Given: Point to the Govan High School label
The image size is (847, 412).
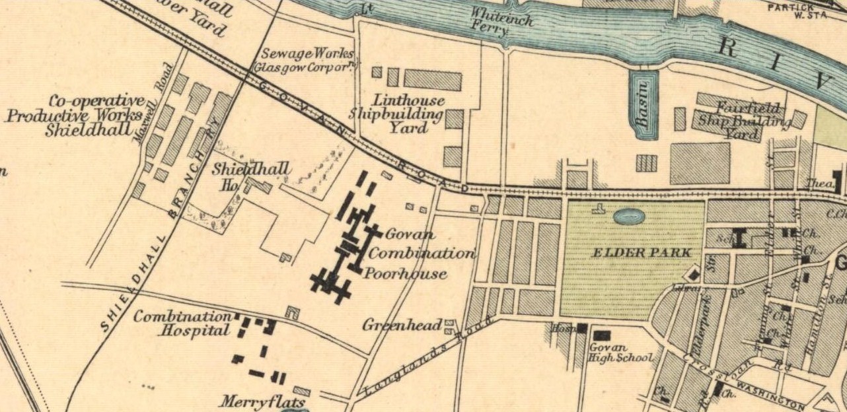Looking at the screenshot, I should click(620, 353).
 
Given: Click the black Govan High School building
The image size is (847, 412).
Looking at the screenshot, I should click(602, 335).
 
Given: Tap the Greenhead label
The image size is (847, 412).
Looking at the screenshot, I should click(402, 326).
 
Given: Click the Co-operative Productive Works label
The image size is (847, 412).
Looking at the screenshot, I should click(78, 116).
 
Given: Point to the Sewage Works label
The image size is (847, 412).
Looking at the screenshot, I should click(307, 59).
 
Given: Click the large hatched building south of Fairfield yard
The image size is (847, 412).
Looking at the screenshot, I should click(700, 163).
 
